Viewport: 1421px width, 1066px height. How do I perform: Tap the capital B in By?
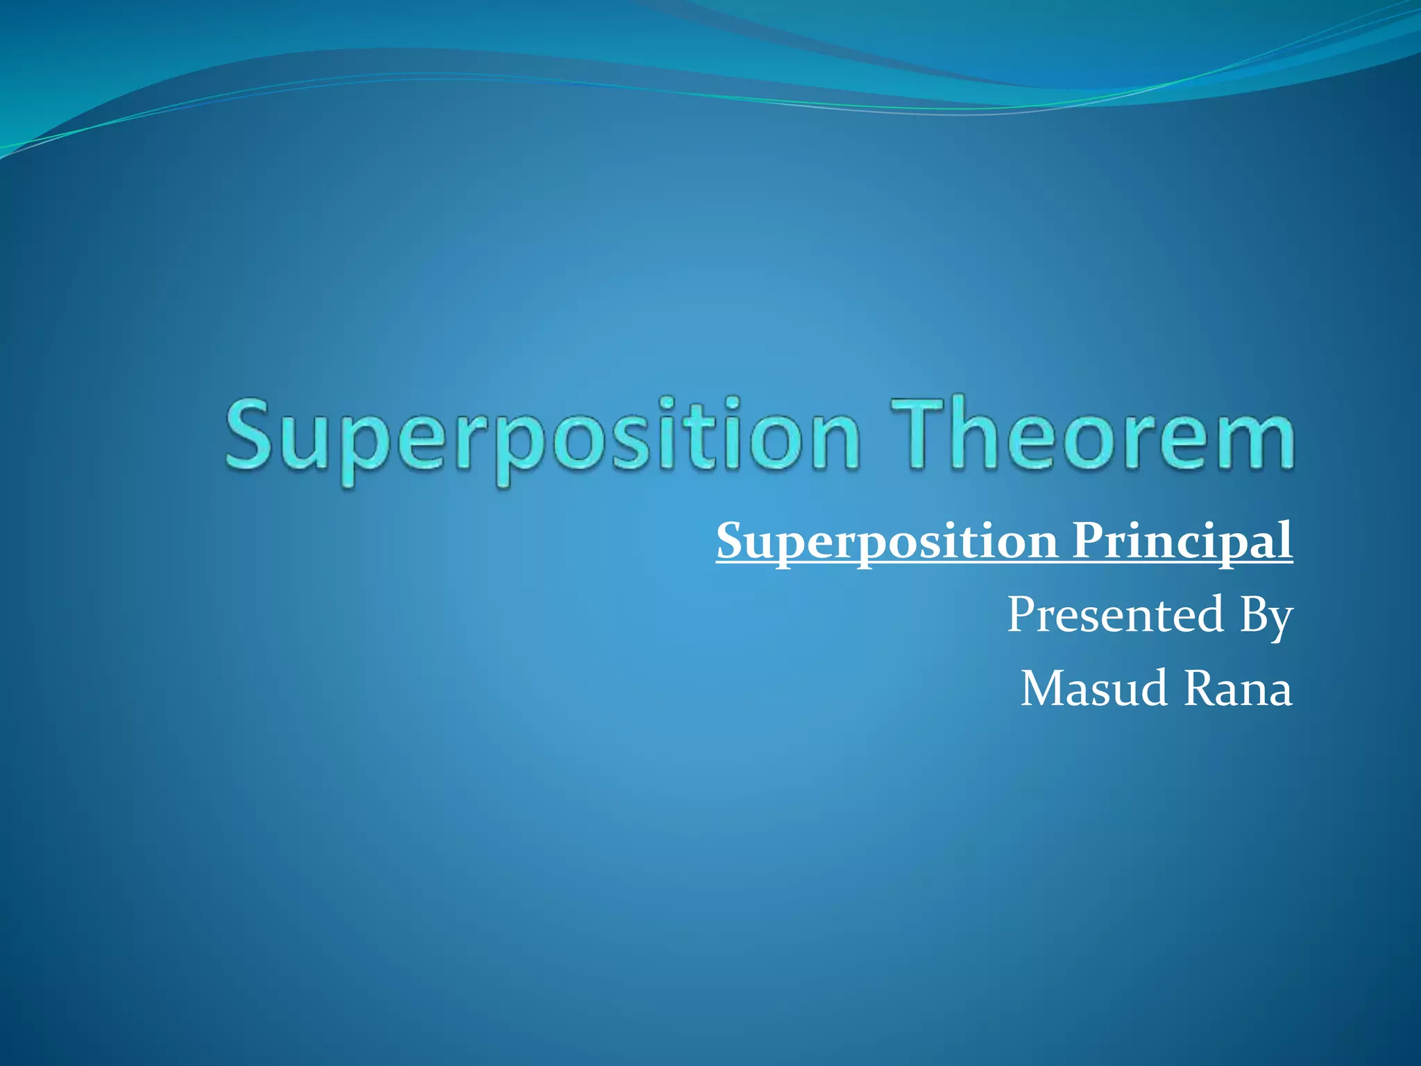1253,614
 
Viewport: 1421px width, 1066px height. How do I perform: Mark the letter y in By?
1281,620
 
